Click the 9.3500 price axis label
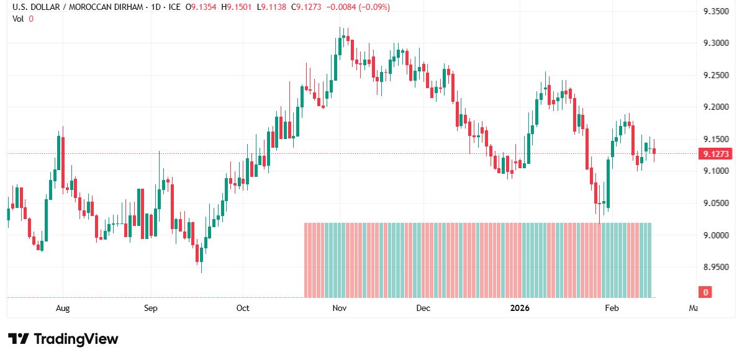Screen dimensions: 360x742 [x=715, y=11]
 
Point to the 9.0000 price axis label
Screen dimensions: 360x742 [x=715, y=235]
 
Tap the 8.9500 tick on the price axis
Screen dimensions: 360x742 [x=715, y=267]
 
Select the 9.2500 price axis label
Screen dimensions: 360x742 [x=715, y=75]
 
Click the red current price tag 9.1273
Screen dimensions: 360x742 [x=715, y=154]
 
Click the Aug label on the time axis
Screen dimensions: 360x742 [x=62, y=308]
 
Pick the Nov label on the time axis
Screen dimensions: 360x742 [x=338, y=308]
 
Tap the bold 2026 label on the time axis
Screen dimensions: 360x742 [x=520, y=308]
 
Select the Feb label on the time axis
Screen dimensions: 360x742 [x=612, y=308]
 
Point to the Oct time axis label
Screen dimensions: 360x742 [x=243, y=308]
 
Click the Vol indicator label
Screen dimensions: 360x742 [x=18, y=19]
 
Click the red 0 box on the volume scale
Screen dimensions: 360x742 [x=705, y=292]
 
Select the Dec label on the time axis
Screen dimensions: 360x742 [x=423, y=308]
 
